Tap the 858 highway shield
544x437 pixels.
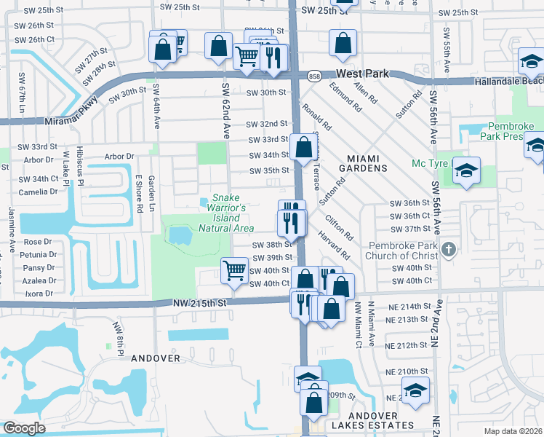[314, 76]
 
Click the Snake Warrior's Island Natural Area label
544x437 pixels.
[226, 213]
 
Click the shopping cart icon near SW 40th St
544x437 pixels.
[234, 271]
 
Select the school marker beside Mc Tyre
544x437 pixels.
[466, 171]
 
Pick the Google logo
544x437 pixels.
[24, 428]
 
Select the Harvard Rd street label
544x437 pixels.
[332, 245]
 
